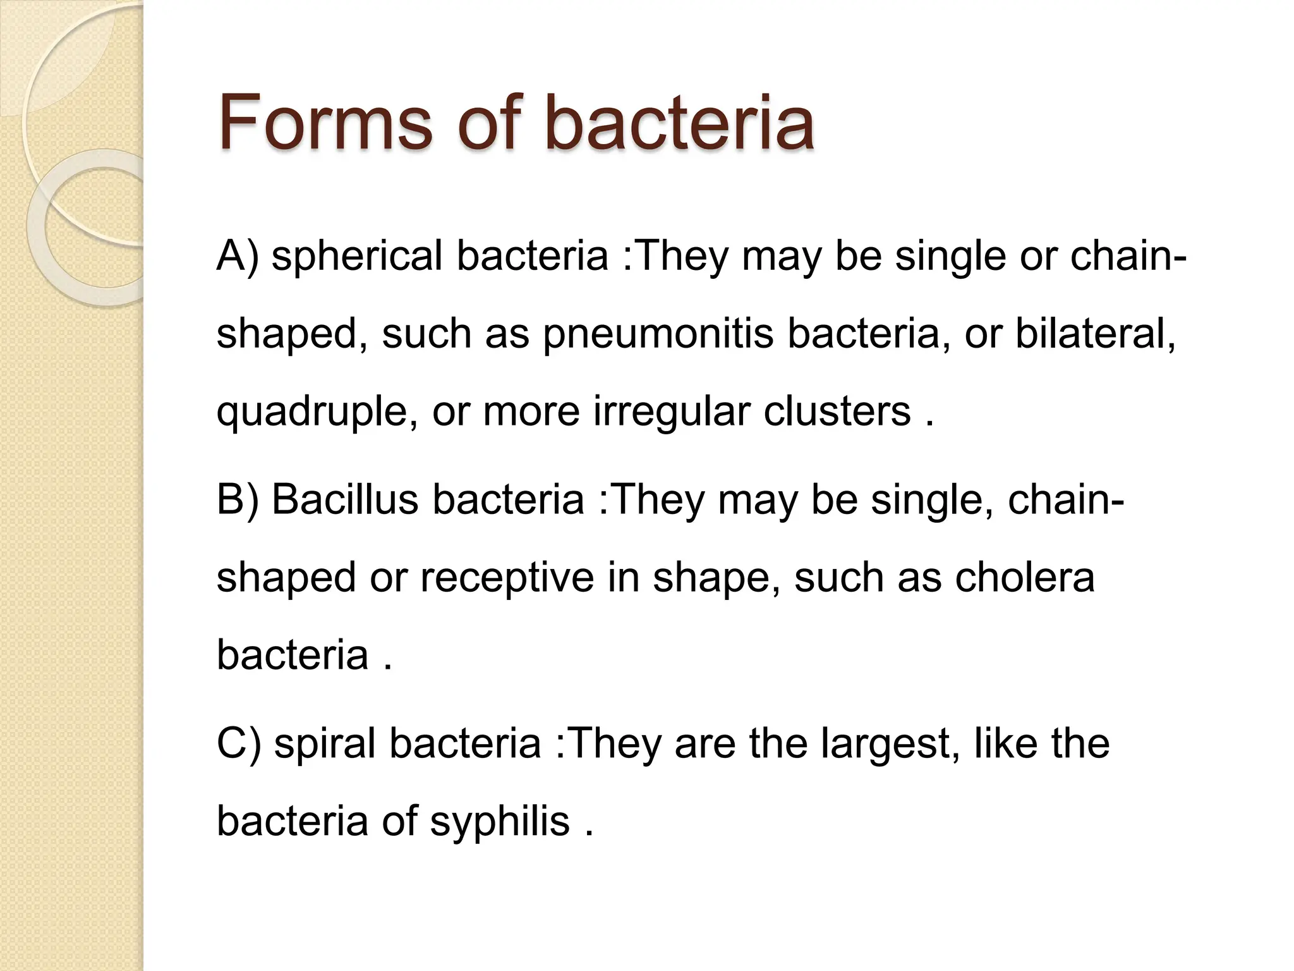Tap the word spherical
click(x=357, y=257)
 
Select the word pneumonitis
click(x=658, y=334)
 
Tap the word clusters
click(x=837, y=412)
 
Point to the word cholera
click(x=1024, y=577)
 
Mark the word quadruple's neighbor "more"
click(x=531, y=412)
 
